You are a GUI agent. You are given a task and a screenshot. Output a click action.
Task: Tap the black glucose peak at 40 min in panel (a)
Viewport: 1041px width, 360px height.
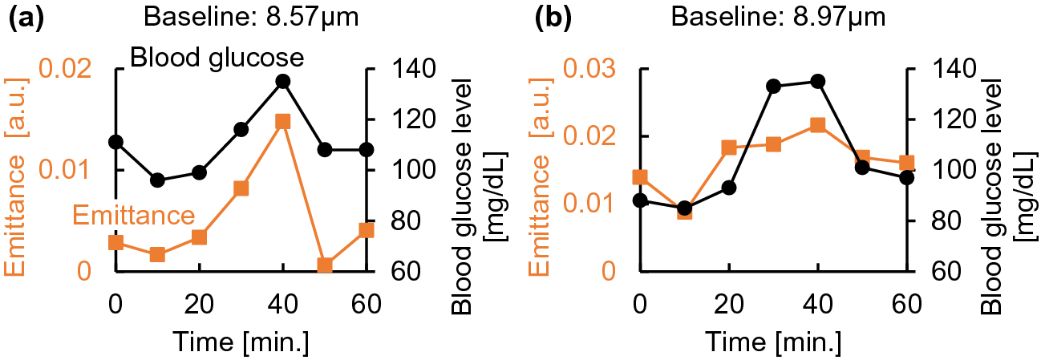coord(282,81)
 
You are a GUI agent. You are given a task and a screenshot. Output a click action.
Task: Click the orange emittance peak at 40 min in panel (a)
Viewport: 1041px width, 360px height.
coord(282,121)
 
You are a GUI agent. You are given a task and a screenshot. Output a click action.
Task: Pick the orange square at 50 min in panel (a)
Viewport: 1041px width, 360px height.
coord(325,265)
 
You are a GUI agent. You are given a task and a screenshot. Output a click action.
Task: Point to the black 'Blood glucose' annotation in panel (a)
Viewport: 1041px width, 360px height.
coord(217,58)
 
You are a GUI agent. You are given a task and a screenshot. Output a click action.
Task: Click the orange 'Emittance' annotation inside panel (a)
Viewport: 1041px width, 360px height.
coord(134,215)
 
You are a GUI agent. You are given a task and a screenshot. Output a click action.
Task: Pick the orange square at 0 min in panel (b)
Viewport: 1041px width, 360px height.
coord(639,177)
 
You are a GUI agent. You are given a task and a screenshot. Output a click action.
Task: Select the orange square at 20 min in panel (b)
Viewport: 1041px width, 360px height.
coord(728,148)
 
